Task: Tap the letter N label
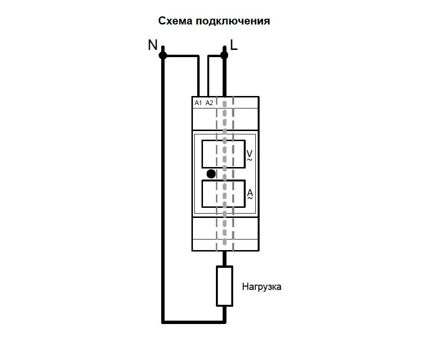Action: [x=153, y=45]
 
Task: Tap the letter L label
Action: [x=234, y=45]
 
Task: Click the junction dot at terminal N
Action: [x=163, y=56]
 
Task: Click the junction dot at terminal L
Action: [x=224, y=56]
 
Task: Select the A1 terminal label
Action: [x=198, y=103]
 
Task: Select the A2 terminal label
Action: [x=209, y=103]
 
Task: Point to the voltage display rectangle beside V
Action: [x=223, y=154]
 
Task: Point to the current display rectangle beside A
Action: [x=223, y=194]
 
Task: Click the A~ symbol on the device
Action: [x=250, y=195]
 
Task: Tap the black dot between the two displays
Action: [x=211, y=174]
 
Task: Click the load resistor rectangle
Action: [x=225, y=286]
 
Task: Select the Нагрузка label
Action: [x=262, y=288]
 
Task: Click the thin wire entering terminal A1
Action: [x=198, y=77]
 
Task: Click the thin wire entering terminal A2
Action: [x=208, y=77]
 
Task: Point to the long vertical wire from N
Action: [x=163, y=192]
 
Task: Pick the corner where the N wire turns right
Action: [x=164, y=320]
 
